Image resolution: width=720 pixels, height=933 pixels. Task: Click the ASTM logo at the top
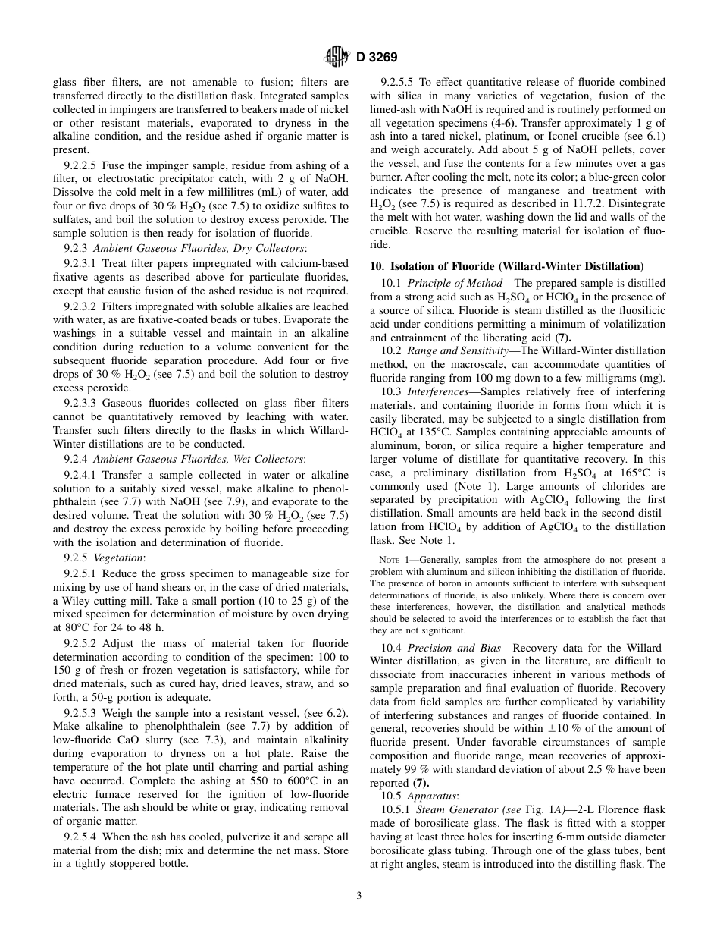pyautogui.click(x=336, y=56)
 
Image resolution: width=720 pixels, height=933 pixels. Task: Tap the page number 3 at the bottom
pyautogui.click(x=359, y=895)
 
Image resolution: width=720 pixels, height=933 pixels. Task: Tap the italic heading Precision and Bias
pyautogui.click(x=452, y=649)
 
